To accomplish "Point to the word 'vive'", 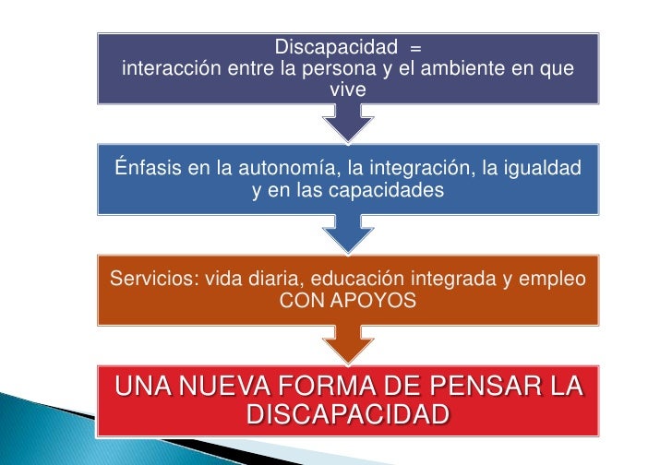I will [x=348, y=90].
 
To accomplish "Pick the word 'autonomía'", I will [x=286, y=168].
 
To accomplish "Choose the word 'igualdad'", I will [x=541, y=168].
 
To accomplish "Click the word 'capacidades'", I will [x=387, y=191].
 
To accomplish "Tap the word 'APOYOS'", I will [x=378, y=301].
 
